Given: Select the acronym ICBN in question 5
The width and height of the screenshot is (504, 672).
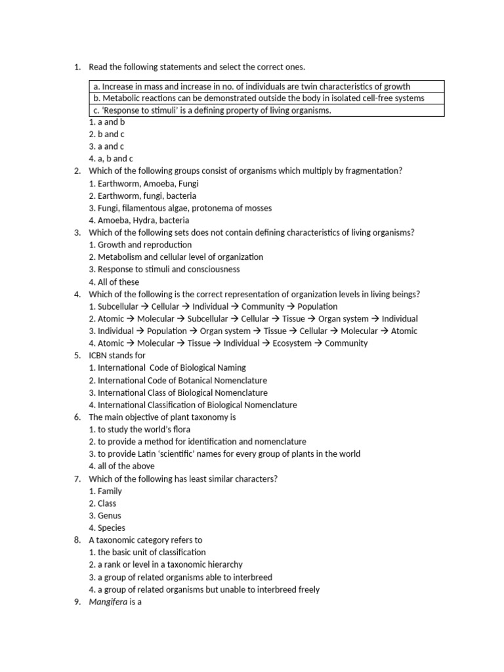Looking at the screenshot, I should click(101, 356).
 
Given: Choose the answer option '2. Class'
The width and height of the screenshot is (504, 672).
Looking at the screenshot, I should click(102, 503).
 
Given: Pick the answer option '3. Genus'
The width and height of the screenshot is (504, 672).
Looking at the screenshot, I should click(105, 516).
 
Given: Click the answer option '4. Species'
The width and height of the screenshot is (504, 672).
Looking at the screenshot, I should click(107, 528).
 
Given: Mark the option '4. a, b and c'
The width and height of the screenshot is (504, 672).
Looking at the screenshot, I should click(111, 159).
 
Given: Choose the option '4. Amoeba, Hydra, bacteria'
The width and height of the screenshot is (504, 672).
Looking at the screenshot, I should click(138, 220).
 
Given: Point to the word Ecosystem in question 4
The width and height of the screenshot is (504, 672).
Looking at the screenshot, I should click(292, 343).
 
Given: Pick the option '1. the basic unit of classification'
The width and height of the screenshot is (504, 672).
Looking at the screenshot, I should click(147, 553).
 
